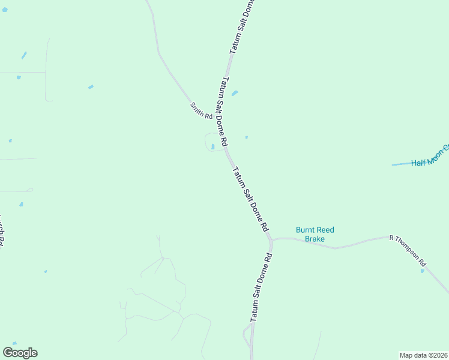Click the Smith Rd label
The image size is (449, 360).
click(x=202, y=110)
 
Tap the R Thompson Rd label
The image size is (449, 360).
click(x=408, y=251)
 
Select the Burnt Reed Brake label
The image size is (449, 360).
click(x=315, y=234)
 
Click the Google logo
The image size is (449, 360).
click(x=20, y=353)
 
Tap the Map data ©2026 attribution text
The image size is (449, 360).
click(x=424, y=355)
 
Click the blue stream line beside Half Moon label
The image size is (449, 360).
click(x=400, y=164)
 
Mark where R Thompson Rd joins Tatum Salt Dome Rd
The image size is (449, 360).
click(x=271, y=240)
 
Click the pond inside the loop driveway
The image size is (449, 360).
click(x=213, y=146)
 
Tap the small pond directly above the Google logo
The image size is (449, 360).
click(x=14, y=344)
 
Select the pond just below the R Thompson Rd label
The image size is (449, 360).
click(x=423, y=271)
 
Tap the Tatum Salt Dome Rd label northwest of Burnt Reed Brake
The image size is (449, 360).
click(x=250, y=199)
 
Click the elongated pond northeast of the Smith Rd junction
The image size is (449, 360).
click(x=235, y=93)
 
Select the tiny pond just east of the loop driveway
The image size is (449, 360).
click(x=246, y=137)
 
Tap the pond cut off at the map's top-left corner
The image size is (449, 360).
click(x=4, y=10)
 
